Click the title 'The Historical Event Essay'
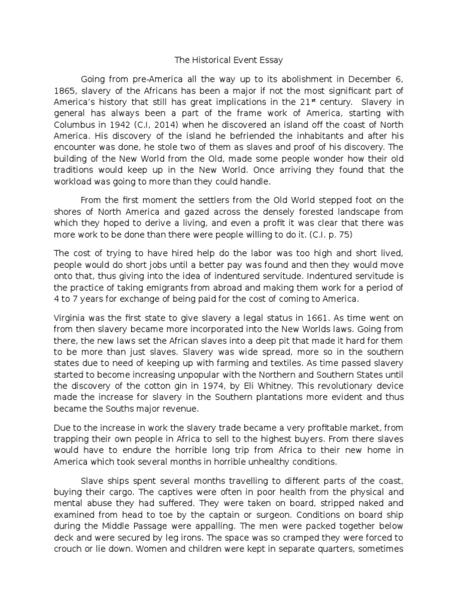(228, 60)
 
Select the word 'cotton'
(145, 386)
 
